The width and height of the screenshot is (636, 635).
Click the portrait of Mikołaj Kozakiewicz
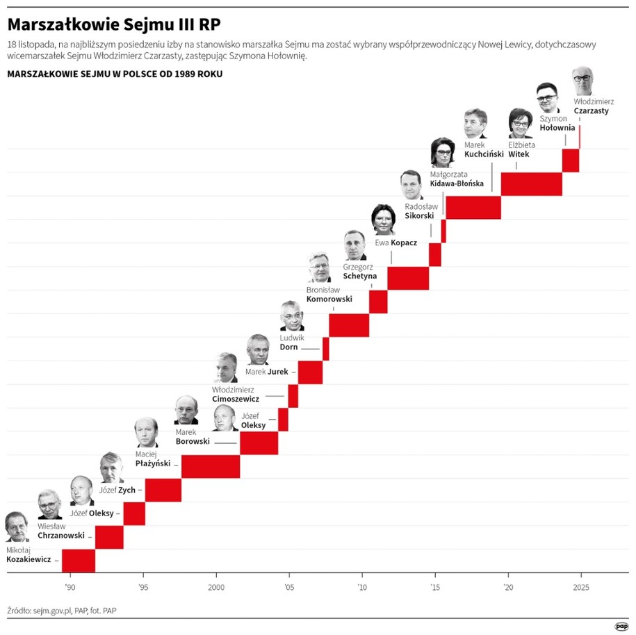17,527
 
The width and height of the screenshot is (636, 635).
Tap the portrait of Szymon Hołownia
548,98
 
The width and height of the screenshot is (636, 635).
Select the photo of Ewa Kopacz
383,220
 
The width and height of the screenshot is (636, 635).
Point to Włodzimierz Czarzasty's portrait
582,81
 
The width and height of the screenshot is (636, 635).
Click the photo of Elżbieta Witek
520,124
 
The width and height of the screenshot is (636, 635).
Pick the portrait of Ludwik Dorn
292,316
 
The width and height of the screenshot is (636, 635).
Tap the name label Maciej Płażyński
152,459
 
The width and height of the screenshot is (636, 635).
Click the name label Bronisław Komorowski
329,295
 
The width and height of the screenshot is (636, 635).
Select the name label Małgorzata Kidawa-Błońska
457,179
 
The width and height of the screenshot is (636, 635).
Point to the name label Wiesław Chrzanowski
60,531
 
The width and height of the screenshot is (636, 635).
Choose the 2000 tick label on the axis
216,586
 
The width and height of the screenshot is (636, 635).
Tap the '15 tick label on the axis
434,586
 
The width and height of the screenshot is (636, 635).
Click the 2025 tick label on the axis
580,586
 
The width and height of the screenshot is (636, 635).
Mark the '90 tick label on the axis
70,586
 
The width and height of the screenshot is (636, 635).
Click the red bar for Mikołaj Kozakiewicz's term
79,560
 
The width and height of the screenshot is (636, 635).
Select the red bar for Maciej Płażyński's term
211,466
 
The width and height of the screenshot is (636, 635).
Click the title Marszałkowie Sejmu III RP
114,24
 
